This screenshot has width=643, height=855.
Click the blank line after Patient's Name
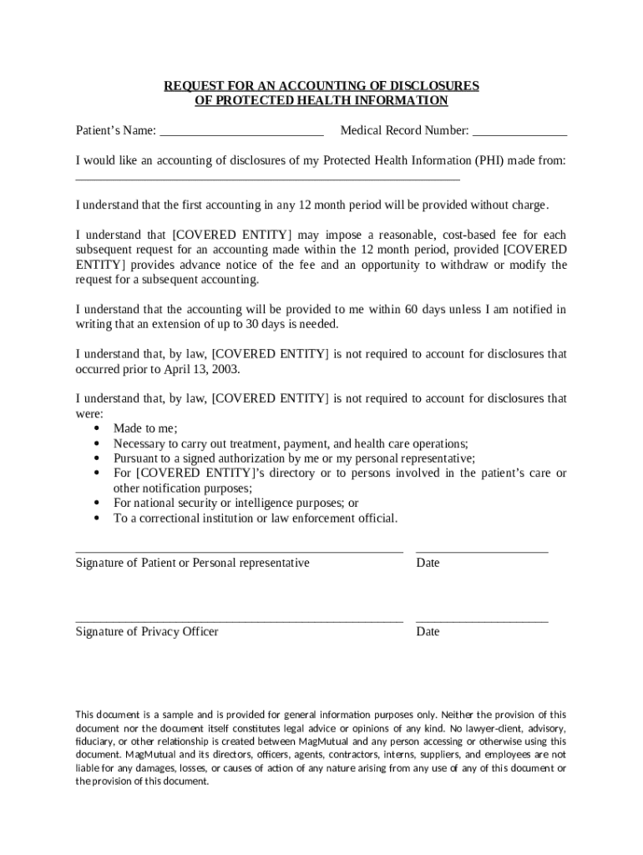pos(241,134)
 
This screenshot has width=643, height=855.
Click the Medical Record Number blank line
pos(519,134)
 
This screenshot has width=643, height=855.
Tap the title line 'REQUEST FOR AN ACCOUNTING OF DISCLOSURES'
pos(321,86)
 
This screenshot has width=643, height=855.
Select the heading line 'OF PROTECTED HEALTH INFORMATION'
pos(321,101)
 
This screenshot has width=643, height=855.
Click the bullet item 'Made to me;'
pos(145,428)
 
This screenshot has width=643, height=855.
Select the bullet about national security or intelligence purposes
pos(235,503)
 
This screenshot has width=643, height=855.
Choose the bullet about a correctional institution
pos(256,519)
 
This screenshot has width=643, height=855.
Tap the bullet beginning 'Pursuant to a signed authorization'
pos(294,458)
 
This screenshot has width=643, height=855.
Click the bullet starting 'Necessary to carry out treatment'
pos(291,443)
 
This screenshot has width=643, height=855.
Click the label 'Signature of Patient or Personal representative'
pos(192,563)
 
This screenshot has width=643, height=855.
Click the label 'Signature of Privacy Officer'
pos(147,631)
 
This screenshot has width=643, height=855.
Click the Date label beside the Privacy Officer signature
pos(428,631)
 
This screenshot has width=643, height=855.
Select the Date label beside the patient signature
pos(428,563)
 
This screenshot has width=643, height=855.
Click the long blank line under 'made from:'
pos(267,179)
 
